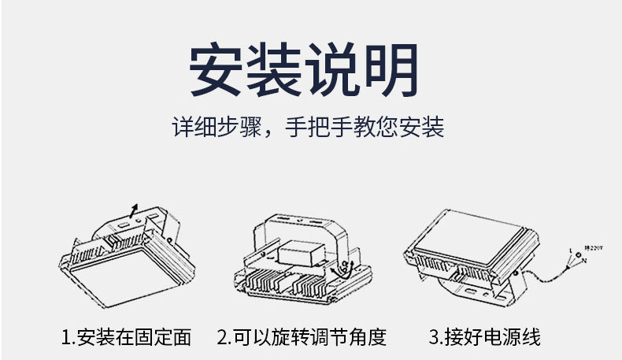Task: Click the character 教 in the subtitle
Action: coord(373,126)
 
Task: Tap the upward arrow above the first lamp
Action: coord(134,208)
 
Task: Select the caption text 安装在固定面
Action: coord(135,337)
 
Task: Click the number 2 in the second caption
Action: coord(223,337)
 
